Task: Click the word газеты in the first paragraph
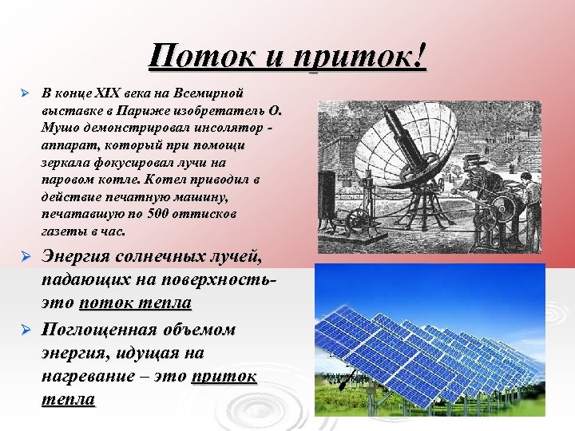click(x=63, y=232)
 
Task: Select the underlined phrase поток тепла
click(x=135, y=303)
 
